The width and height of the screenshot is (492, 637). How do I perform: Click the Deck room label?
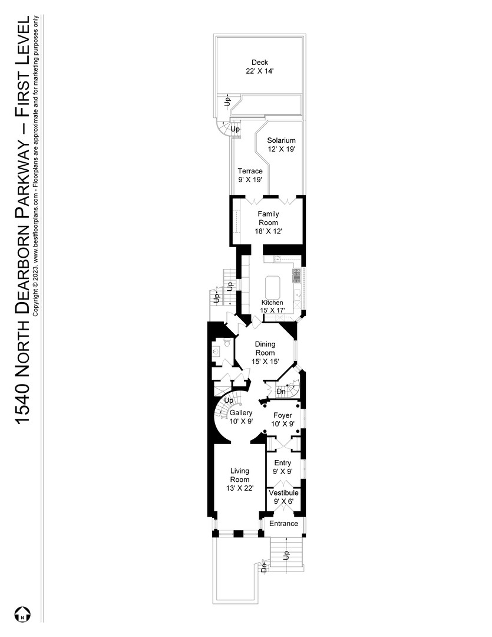tap(260, 63)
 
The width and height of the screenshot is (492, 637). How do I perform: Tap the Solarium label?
tap(281, 140)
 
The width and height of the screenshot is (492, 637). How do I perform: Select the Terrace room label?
tap(250, 171)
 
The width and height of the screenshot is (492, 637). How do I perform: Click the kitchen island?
tap(273, 287)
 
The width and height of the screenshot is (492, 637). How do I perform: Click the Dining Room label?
tap(265, 348)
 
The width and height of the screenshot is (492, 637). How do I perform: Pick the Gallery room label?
tap(241, 413)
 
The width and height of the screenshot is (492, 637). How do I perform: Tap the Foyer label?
tap(282, 415)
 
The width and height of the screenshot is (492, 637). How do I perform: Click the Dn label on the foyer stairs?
tap(281, 391)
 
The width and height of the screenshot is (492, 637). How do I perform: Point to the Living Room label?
tap(240, 475)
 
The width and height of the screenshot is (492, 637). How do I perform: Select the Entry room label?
tap(283, 464)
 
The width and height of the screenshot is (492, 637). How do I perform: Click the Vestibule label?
tap(283, 493)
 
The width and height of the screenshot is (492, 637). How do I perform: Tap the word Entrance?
tap(283, 524)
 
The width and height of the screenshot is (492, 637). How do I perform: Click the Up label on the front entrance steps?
tap(287, 554)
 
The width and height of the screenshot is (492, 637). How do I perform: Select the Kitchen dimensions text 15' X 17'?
tap(273, 310)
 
